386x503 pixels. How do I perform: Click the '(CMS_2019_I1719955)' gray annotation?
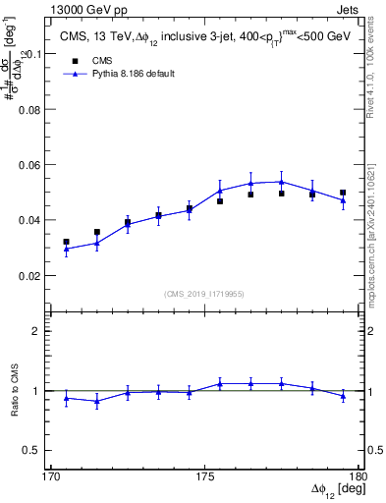pos(204,292)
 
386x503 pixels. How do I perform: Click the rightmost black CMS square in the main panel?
pos(343,193)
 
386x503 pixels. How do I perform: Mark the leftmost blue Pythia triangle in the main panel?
pos(66,250)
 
